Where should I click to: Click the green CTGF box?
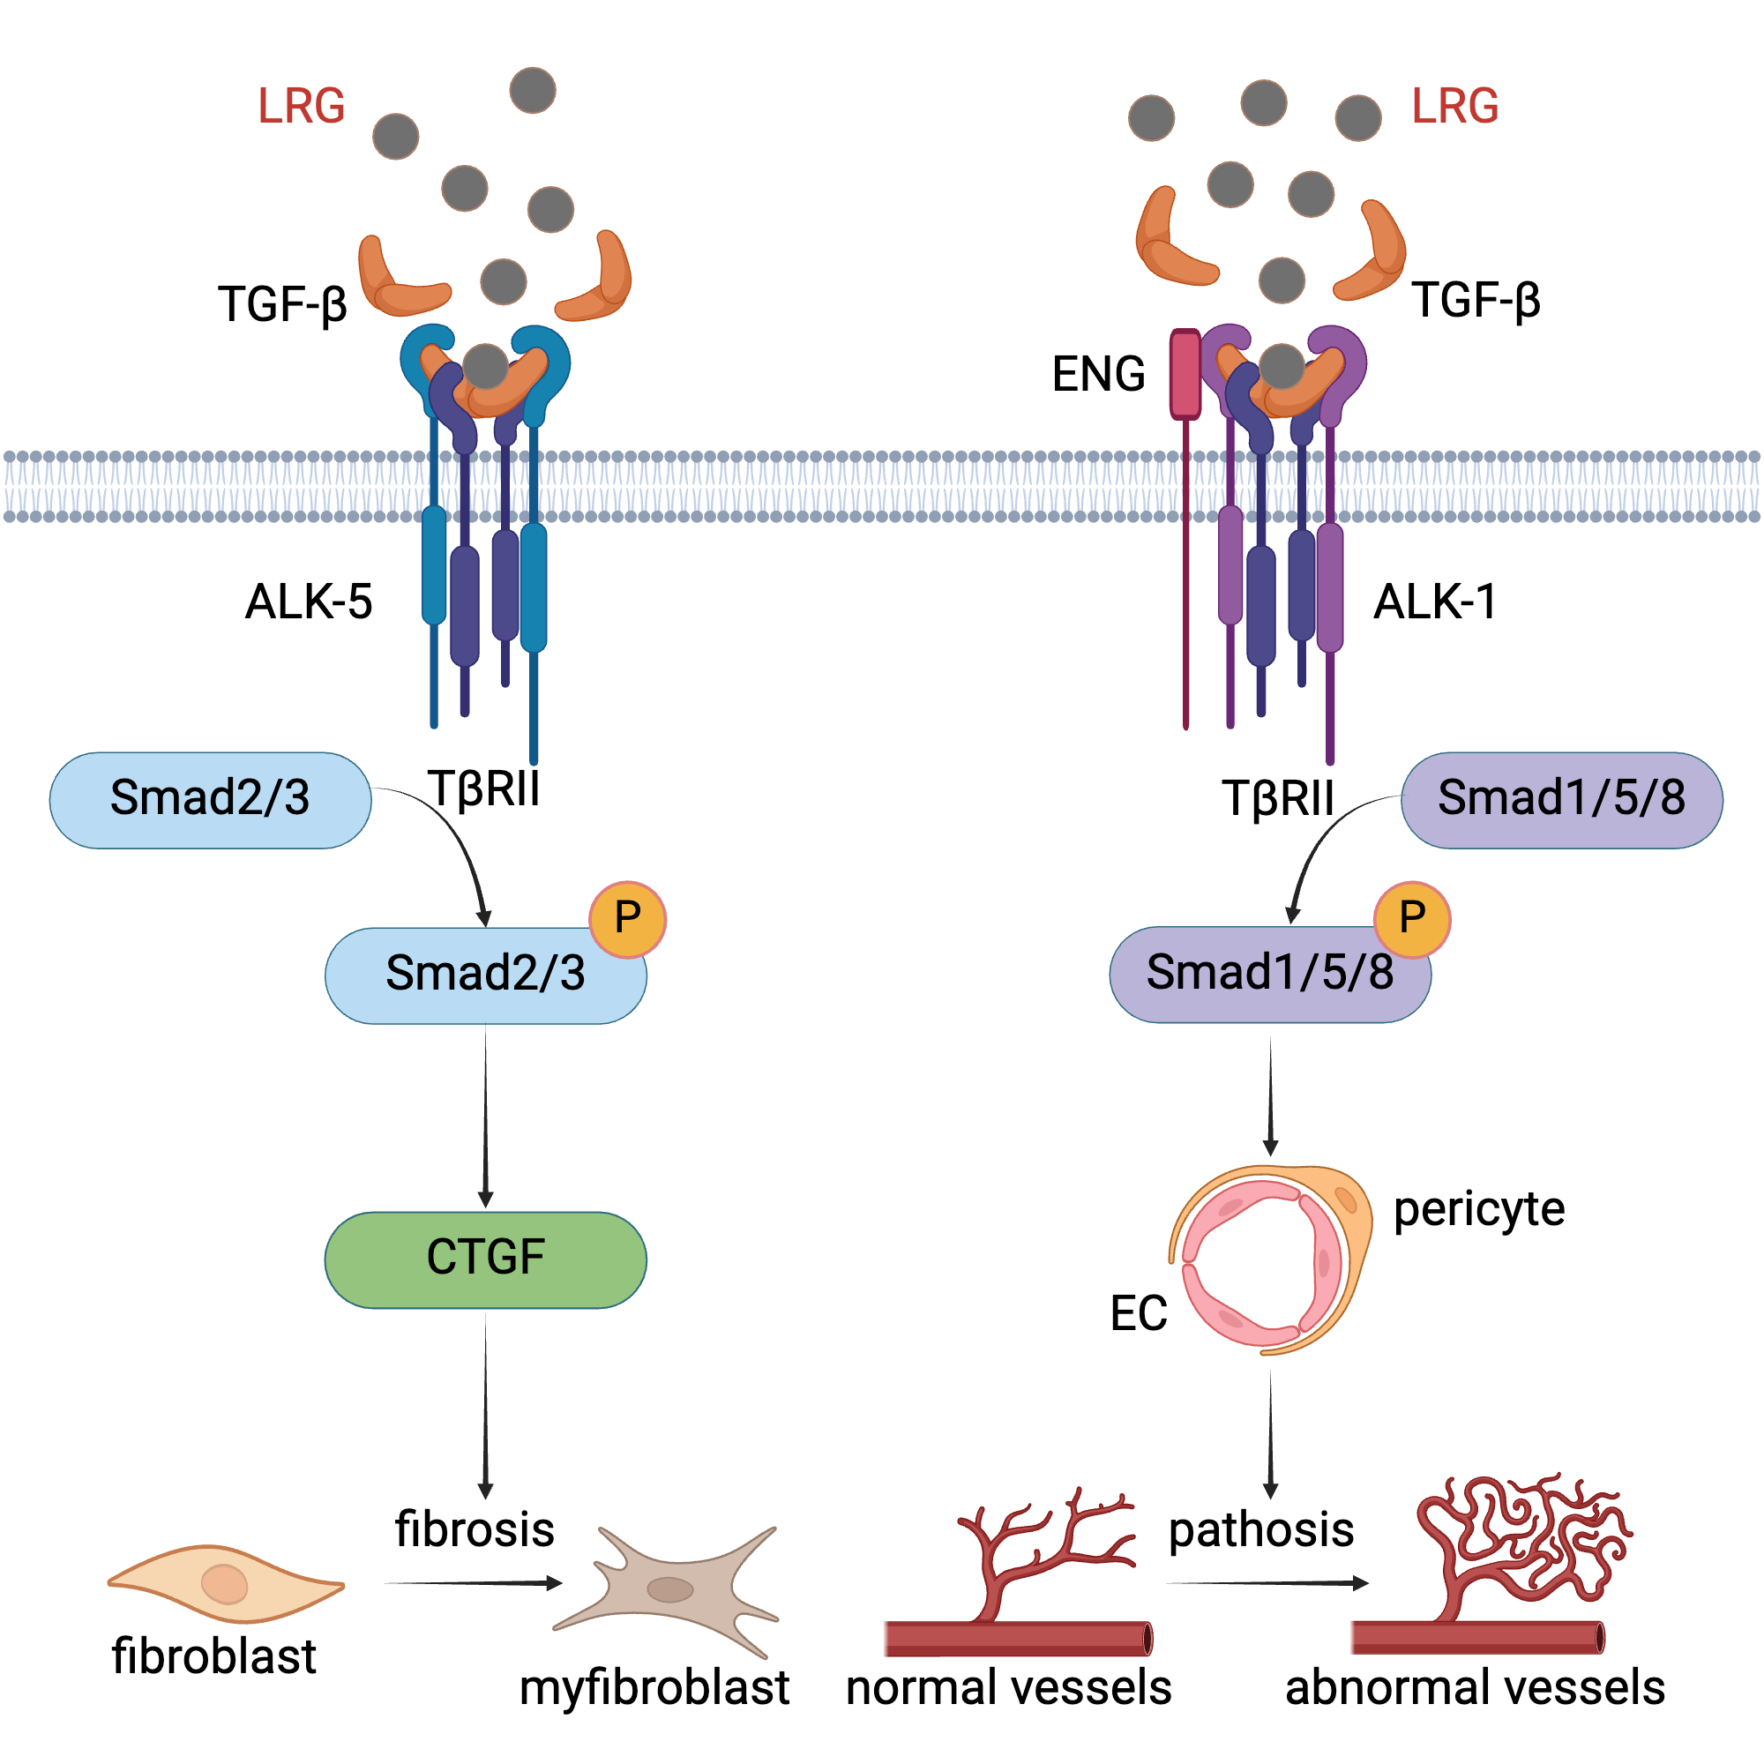[x=485, y=1260]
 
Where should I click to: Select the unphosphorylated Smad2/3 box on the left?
[x=210, y=800]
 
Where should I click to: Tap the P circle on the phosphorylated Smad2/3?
[x=627, y=918]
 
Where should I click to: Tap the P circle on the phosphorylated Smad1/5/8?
[x=1411, y=918]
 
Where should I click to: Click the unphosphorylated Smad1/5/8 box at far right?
[x=1561, y=800]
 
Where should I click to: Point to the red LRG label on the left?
[x=302, y=106]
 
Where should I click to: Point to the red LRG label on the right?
[x=1454, y=106]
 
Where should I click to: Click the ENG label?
[x=1098, y=374]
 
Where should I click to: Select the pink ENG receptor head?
[x=1185, y=374]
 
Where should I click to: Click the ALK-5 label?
[x=309, y=602]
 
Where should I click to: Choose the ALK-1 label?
[x=1435, y=602]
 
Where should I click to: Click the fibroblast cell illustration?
[x=226, y=1584]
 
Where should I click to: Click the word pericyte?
[x=1479, y=1211]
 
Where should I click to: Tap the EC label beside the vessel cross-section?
[x=1139, y=1314]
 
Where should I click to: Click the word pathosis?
[x=1261, y=1530]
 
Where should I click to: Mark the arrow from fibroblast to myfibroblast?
[x=473, y=1583]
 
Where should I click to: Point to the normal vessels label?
[x=1008, y=1687]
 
